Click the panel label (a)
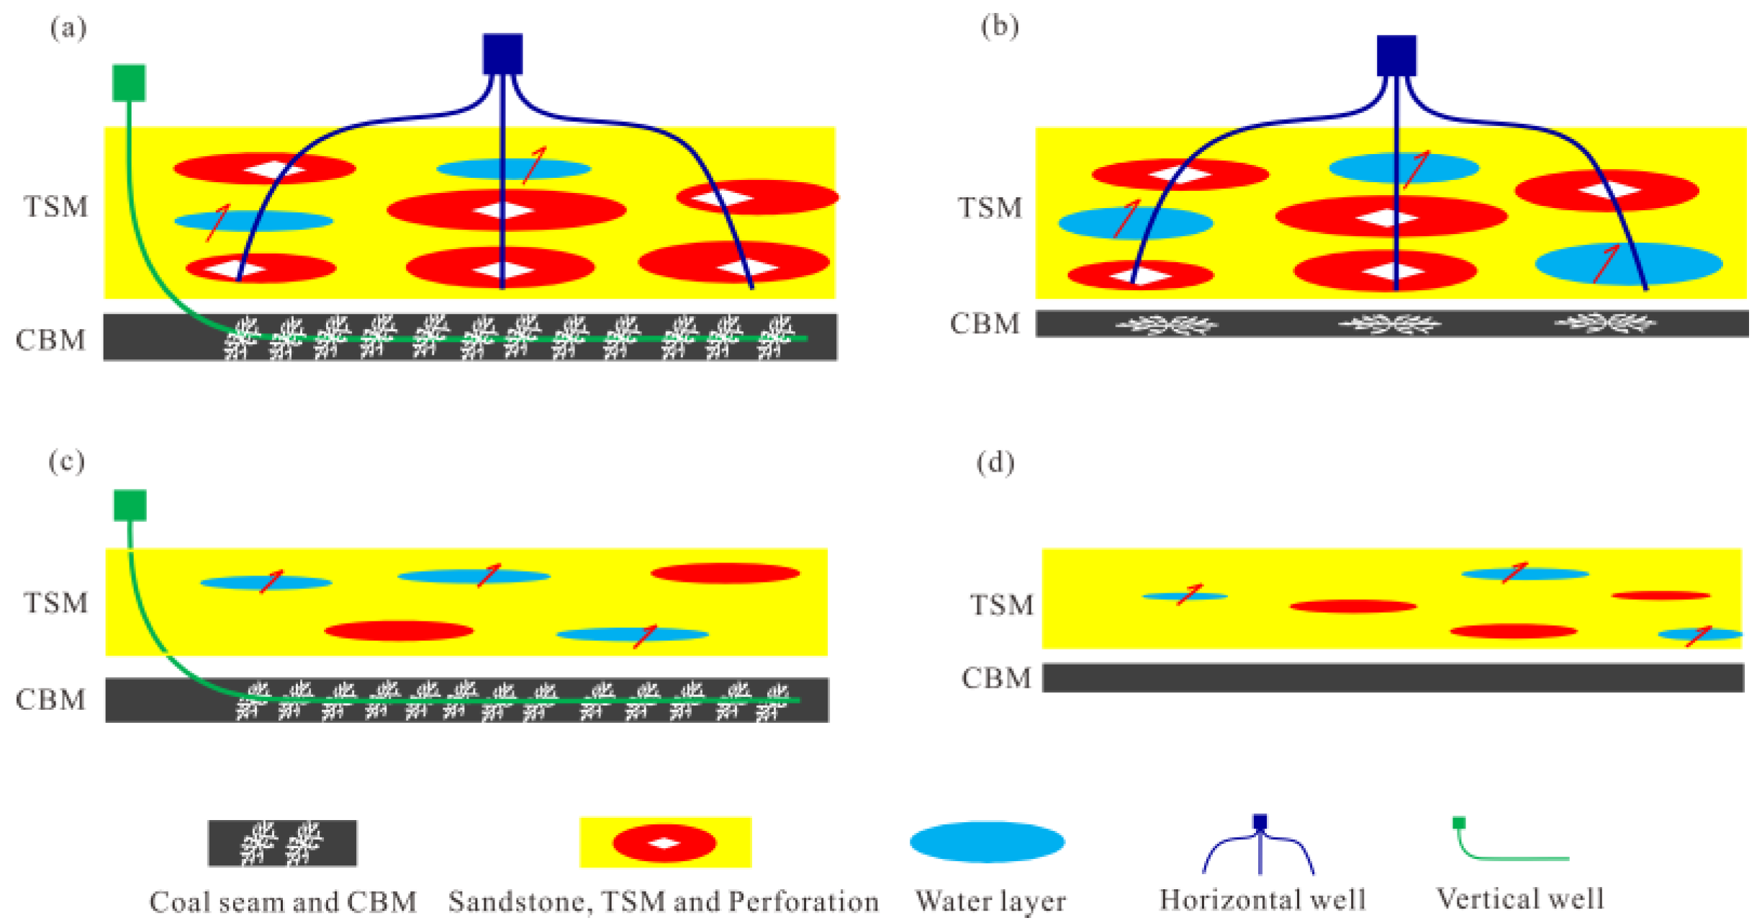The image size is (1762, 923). coord(68,29)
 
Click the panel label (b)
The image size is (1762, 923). coord(1000,27)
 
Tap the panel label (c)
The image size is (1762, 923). coord(67,461)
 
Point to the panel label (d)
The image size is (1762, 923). coord(995,463)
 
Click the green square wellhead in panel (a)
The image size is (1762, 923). coord(129,82)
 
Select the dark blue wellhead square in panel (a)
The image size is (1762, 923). coord(502,53)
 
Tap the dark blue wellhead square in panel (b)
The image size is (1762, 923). coord(1396,55)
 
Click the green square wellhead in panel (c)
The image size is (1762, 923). coord(130,505)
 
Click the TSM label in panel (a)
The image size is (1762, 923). coord(56,207)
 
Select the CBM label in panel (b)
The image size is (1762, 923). coord(985,324)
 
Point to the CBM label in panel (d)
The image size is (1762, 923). coord(997,678)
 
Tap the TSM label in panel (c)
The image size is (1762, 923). coord(56,603)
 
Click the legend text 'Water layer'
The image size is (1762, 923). coord(990,901)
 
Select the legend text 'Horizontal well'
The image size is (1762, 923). coord(1262,900)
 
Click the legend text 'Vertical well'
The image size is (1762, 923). coord(1520,899)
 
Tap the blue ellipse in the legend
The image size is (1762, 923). coord(988,842)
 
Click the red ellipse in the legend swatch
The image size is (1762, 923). coord(664,843)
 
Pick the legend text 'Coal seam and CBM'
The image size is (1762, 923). coord(283,902)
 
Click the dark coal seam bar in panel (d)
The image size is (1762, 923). coord(1393,677)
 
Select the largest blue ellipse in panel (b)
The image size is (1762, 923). coord(1629,264)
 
